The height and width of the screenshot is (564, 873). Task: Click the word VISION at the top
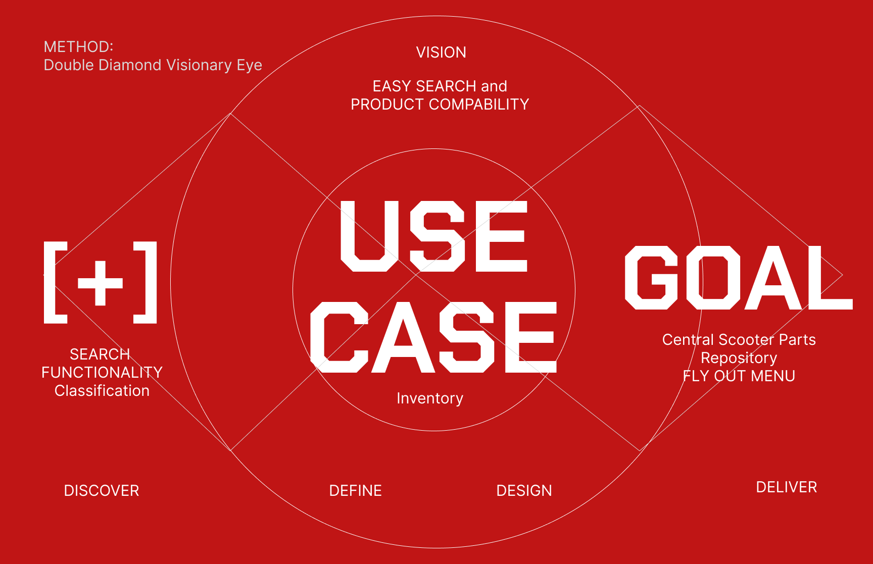[x=441, y=53]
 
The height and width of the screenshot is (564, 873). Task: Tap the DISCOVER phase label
[x=102, y=491]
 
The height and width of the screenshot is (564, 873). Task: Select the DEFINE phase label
[x=356, y=491]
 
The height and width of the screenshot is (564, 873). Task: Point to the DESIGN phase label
[x=524, y=491]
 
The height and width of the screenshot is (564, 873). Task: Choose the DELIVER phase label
[x=787, y=487]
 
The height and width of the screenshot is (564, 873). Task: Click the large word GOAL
[x=739, y=278]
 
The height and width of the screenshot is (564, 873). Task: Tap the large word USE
[x=434, y=236]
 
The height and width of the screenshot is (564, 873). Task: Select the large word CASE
[x=433, y=337]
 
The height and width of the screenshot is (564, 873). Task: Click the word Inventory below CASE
[x=430, y=398]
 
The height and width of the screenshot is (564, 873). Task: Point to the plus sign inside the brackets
[x=100, y=283]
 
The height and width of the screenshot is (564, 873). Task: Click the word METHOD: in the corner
[x=79, y=47]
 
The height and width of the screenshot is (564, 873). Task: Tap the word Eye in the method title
[x=250, y=66]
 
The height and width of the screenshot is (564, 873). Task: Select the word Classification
[x=102, y=391]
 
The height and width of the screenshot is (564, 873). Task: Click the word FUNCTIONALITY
[x=102, y=373]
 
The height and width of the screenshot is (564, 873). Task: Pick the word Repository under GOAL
[x=739, y=358]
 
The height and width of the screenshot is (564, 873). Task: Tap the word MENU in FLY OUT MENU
[x=773, y=376]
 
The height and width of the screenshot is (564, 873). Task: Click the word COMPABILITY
[x=479, y=105]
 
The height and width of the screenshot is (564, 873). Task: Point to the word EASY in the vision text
[x=392, y=86]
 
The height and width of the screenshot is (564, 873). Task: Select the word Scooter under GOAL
[x=747, y=340]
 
